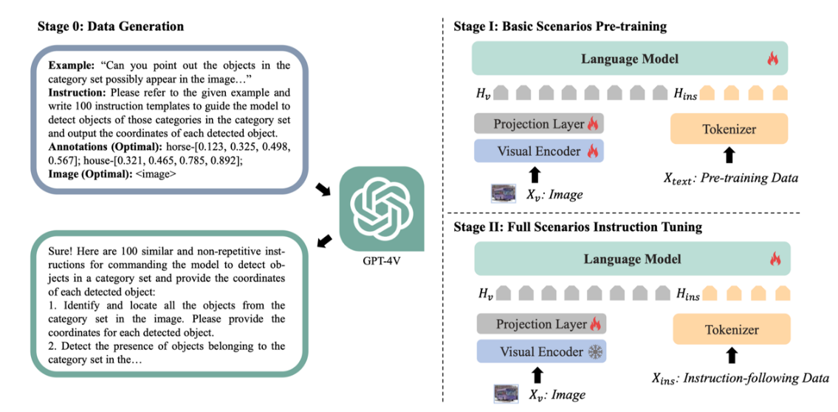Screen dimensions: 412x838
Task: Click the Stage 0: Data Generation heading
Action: pos(111,27)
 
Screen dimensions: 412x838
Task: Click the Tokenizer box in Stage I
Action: pos(729,130)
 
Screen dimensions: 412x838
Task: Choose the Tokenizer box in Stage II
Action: pos(731,330)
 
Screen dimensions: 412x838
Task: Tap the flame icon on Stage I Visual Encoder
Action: pos(592,151)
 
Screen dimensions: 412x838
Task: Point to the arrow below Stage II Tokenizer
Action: pos(732,357)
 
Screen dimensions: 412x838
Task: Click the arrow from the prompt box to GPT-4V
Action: pos(323,191)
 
